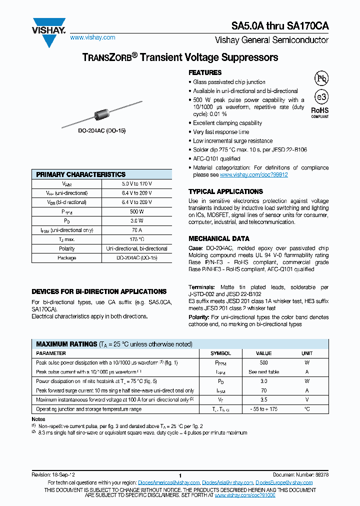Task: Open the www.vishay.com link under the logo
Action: coord(92,37)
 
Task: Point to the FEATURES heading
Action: coord(205,72)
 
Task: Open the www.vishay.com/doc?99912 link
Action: coord(253,175)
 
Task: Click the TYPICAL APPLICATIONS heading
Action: coord(225,191)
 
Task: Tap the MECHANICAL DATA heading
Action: coord(218,238)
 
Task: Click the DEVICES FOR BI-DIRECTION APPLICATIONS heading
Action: coord(99,291)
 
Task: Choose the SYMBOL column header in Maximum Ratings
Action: coord(220,353)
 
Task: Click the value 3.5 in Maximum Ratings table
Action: coord(263,399)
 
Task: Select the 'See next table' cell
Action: coord(263,372)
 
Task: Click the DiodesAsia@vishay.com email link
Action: coord(227,482)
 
